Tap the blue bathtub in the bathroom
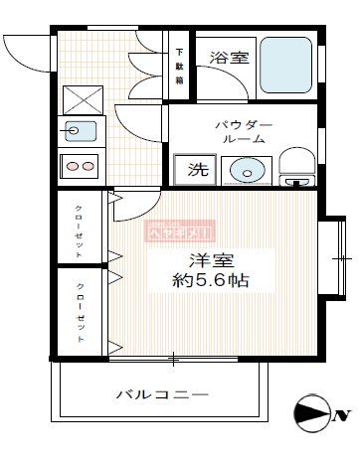pos(287,66)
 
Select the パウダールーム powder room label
pos(244,133)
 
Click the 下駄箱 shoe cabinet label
pos(180,68)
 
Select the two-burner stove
pos(80,166)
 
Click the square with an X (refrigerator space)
pos(80,99)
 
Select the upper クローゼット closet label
pos(79,231)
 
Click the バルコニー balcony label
pos(163,394)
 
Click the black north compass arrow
pos(311,413)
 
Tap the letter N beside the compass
pos(343,413)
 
